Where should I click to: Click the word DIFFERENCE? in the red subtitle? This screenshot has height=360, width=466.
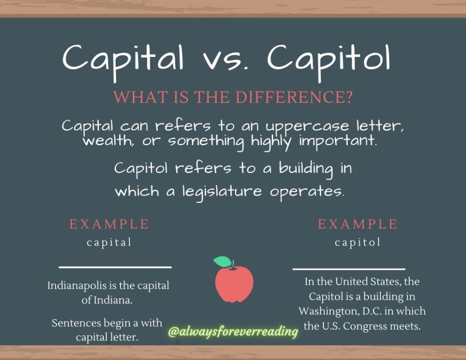[x=294, y=97]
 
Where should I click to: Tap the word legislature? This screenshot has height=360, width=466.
[x=222, y=192]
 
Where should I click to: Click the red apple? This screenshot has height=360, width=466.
[x=234, y=283]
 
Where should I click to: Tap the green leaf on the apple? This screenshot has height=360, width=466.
[x=222, y=261]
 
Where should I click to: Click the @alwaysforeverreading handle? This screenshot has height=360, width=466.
[x=233, y=331]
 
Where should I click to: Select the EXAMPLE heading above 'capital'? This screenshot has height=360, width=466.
[x=109, y=224]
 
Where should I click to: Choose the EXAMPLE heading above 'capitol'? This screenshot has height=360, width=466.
[x=358, y=224]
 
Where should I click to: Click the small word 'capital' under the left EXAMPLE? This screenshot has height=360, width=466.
[x=109, y=243]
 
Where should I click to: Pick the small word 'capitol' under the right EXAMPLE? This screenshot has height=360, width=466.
[x=358, y=243]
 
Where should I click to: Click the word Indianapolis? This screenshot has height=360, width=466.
[x=77, y=286]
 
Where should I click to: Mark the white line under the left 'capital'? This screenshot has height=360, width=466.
[x=115, y=267]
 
